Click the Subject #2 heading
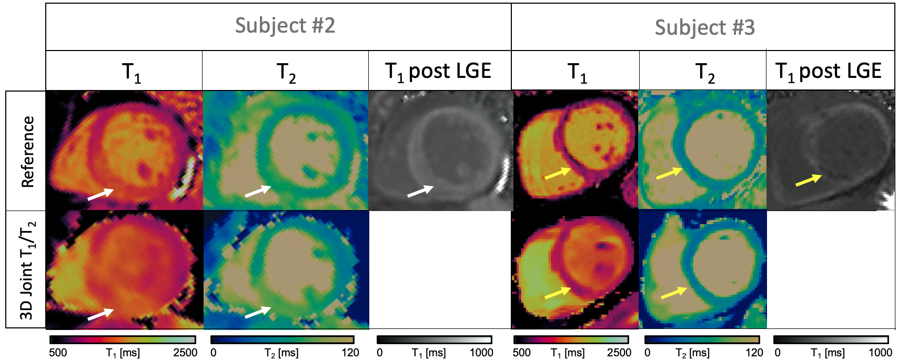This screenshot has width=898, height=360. coord(285,26)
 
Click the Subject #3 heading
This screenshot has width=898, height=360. coord(704,27)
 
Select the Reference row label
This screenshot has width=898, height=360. coord(27,152)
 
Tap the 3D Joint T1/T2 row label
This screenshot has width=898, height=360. coord(27,270)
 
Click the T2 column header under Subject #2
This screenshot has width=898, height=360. coord(286,73)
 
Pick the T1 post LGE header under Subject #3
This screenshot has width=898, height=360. coord(829,72)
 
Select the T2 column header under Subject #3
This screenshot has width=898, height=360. coord(704,73)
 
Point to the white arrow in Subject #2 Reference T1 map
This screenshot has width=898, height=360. coord(100,194)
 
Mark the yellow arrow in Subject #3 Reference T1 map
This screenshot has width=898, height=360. coord(558,173)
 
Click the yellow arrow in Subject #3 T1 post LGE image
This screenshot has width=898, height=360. coord(809,180)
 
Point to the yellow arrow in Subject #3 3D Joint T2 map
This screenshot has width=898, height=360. coord(674,293)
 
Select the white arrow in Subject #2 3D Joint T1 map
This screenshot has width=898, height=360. coord(100,314)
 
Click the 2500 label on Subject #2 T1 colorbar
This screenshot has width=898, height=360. coord(185,353)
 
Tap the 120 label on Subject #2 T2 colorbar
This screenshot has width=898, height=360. coord(350,353)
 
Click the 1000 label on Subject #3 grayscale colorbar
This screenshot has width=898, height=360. coord(880,353)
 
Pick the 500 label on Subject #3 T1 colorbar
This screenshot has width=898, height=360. coord(522,353)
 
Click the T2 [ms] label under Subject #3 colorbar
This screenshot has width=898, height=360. coord(692,353)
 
